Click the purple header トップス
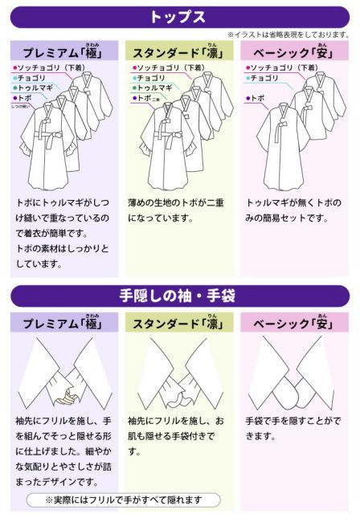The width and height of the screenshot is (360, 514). pyautogui.click(x=179, y=16)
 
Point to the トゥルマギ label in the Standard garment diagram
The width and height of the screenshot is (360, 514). pyautogui.click(x=154, y=88)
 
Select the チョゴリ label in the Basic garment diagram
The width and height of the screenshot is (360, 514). pyautogui.click(x=265, y=78)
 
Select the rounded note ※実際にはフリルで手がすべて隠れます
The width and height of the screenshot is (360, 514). pyautogui.click(x=124, y=500)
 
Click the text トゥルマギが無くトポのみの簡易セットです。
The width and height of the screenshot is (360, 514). pyautogui.click(x=293, y=210)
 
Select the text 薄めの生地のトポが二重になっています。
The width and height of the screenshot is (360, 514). pyautogui.click(x=178, y=210)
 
